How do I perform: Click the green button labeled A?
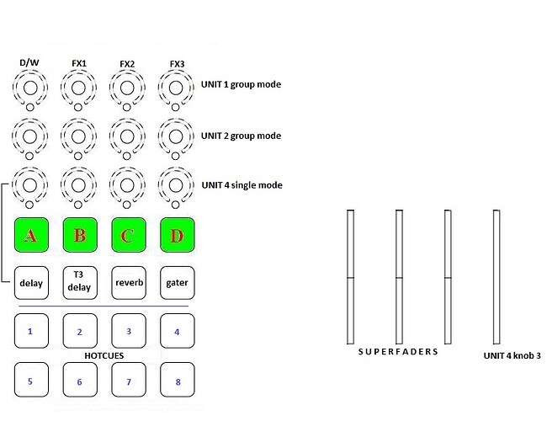(x=31, y=235)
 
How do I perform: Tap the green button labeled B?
(x=79, y=235)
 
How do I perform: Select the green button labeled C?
(x=128, y=235)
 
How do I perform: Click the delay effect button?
(x=31, y=283)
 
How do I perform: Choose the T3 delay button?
(x=79, y=283)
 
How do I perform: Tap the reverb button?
(x=128, y=283)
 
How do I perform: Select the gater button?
(x=177, y=283)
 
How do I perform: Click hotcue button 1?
(x=31, y=332)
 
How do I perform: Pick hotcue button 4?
(x=177, y=332)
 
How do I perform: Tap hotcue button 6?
(x=79, y=381)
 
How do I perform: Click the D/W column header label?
(x=29, y=63)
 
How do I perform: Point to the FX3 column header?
(x=177, y=63)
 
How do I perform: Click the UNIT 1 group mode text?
(x=241, y=84)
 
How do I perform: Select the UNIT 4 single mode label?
(x=242, y=184)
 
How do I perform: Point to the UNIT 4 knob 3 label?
(x=512, y=356)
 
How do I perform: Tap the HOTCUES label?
(x=104, y=356)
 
